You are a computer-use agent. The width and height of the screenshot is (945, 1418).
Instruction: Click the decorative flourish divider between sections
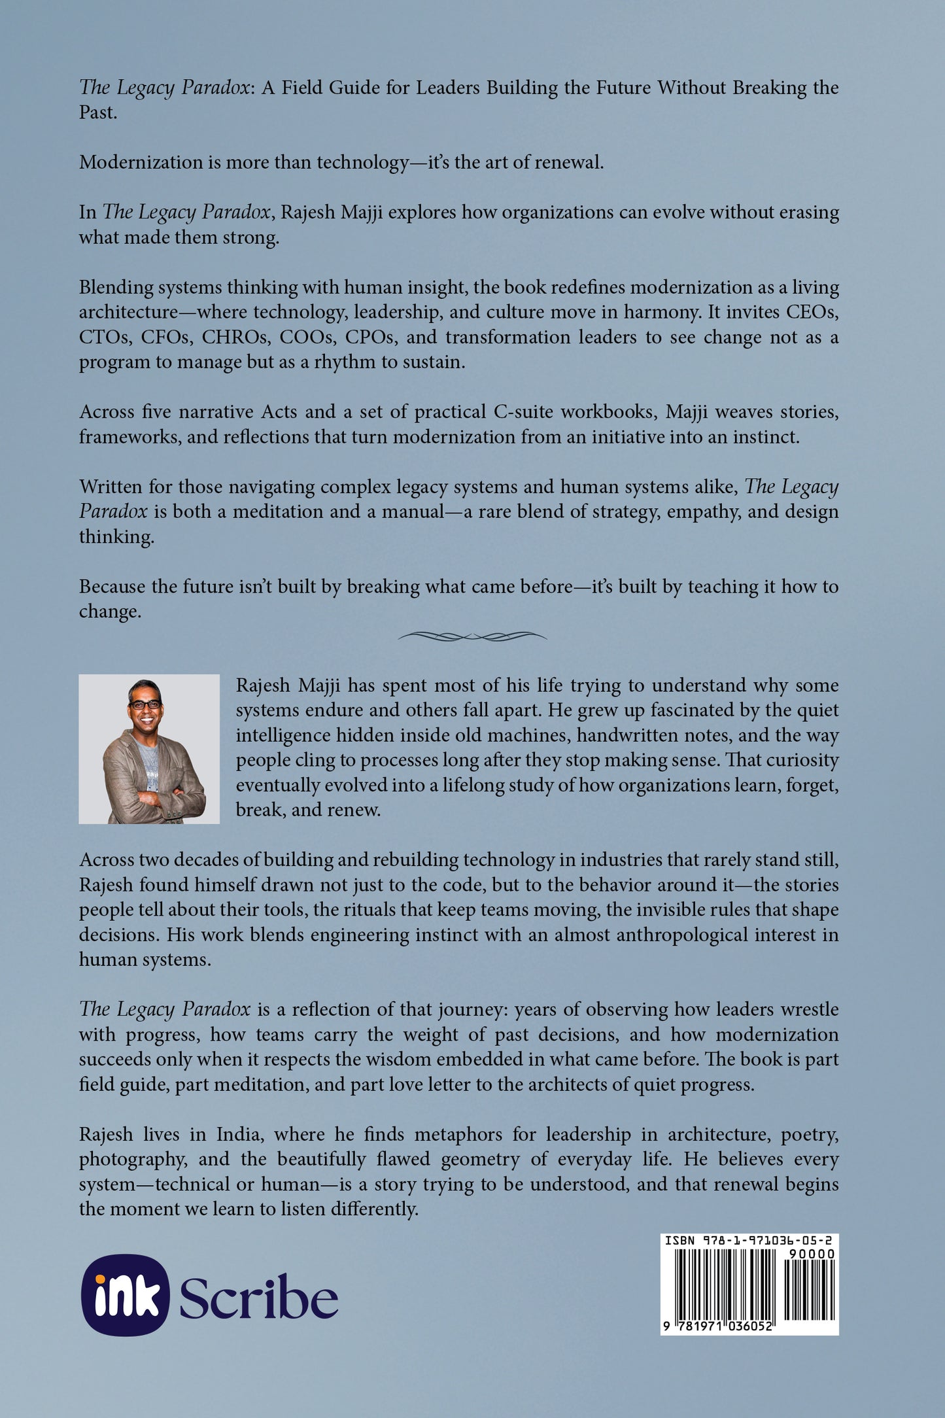[x=472, y=636]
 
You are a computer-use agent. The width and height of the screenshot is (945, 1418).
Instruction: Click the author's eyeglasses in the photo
[x=145, y=704]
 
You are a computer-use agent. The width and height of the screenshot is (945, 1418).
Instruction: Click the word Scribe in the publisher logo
[x=258, y=1296]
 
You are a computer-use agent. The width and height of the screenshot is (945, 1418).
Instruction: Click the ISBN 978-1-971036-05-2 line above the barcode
[x=749, y=1240]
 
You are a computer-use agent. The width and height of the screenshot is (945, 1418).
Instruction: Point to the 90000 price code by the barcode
[x=810, y=1254]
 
